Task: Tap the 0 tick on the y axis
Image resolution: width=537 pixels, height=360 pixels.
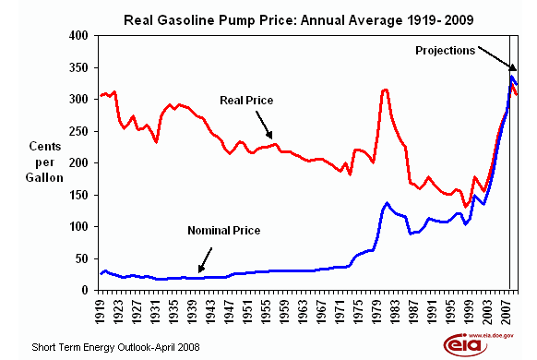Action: (x=84, y=290)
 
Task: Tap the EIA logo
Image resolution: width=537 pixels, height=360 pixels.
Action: (x=466, y=342)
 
